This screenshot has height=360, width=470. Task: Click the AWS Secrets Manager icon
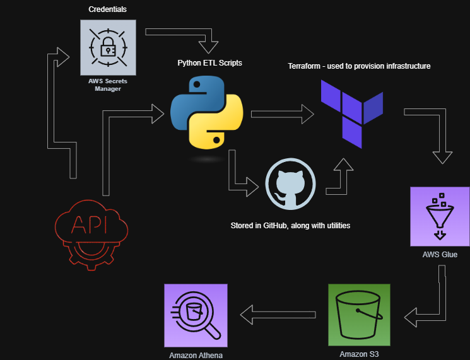(x=107, y=47)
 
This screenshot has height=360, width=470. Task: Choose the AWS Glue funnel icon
(x=439, y=216)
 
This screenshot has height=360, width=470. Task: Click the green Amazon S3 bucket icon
(x=359, y=314)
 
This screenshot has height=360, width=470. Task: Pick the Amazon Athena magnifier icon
(x=195, y=315)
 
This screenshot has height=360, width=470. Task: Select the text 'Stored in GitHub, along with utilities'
(x=290, y=225)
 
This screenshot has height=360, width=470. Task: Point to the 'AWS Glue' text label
(x=440, y=255)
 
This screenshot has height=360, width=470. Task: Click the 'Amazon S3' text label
(x=359, y=355)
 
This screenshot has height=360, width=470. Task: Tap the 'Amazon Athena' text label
(x=196, y=355)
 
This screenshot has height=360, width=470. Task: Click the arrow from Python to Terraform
(x=283, y=114)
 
